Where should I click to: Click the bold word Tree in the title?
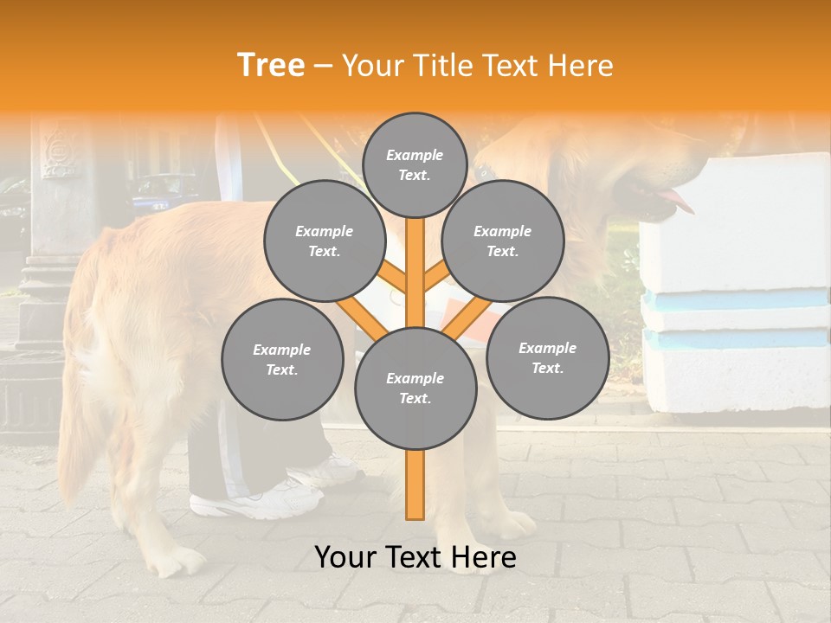coord(271,66)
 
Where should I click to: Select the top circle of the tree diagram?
coord(415,164)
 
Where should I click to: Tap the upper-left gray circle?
coord(324,241)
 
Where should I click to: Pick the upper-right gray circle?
coord(502,241)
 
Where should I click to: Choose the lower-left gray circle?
coord(282,359)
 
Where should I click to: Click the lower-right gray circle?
coord(547,357)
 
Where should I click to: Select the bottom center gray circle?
coord(415,388)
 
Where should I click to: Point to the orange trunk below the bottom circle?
coord(415,485)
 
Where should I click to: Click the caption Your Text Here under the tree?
coord(415,557)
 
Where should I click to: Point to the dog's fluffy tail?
coord(82,415)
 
